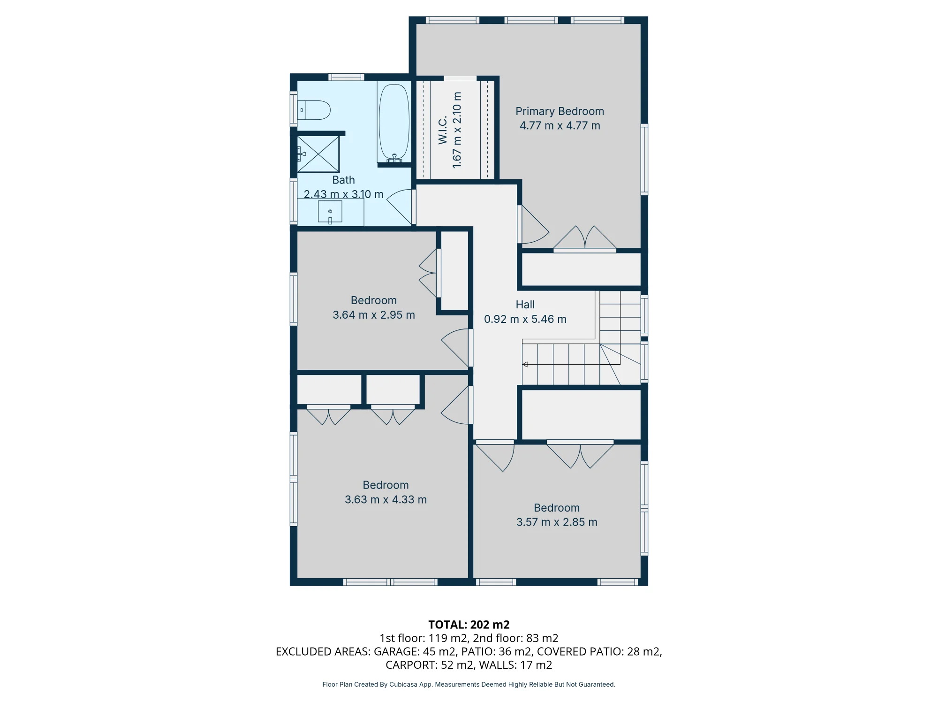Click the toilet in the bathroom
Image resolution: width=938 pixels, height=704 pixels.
pyautogui.click(x=314, y=110)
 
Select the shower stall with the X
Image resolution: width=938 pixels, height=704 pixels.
pyautogui.click(x=318, y=154)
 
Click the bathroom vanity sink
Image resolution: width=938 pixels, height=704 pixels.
pyautogui.click(x=330, y=212)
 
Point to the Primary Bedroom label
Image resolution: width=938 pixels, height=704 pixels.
pyautogui.click(x=560, y=111)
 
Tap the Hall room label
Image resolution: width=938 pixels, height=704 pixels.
pyautogui.click(x=525, y=305)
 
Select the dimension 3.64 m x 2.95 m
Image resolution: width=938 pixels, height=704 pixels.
pyautogui.click(x=374, y=315)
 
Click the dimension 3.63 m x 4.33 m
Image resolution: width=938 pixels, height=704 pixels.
pyautogui.click(x=386, y=500)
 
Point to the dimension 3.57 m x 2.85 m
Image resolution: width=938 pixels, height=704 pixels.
pyautogui.click(x=557, y=522)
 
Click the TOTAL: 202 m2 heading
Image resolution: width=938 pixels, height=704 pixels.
pyautogui.click(x=469, y=625)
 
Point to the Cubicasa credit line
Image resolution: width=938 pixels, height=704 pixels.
pyautogui.click(x=469, y=685)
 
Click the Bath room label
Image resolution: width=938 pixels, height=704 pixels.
pyautogui.click(x=343, y=180)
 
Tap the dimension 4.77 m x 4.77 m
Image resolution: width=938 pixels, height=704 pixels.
pyautogui.click(x=560, y=126)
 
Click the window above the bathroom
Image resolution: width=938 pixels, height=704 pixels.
pyautogui.click(x=346, y=77)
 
